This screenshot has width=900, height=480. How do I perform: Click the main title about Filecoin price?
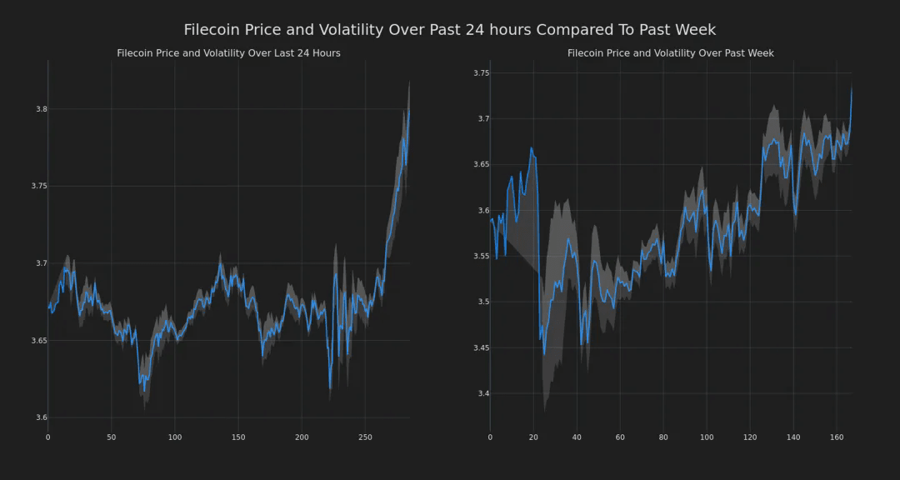pos(449,30)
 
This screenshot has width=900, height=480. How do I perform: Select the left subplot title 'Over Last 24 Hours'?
pos(228,53)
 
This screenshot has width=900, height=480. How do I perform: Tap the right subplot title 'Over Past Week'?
pos(670,53)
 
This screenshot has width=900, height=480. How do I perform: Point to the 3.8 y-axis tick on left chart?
pos(37,109)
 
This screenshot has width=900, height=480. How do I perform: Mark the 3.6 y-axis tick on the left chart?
pos(37,417)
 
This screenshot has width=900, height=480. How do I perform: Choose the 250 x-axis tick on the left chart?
pos(365,437)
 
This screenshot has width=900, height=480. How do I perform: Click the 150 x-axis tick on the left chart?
pos(238,437)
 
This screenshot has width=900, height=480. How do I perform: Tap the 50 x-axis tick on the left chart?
pos(111,437)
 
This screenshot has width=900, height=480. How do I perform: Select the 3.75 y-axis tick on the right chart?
pos(481,73)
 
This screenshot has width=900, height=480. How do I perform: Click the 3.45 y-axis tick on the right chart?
pos(481,347)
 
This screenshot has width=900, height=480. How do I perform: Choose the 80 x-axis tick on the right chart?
pos(663,437)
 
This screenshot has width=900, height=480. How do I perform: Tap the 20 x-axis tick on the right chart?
pos(533,437)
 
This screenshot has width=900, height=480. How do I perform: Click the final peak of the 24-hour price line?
pos(409,109)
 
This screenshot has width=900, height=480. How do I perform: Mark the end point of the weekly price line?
pos(852,88)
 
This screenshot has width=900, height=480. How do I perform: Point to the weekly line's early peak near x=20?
pos(531,148)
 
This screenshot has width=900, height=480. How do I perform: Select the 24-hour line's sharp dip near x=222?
pos(330,388)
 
